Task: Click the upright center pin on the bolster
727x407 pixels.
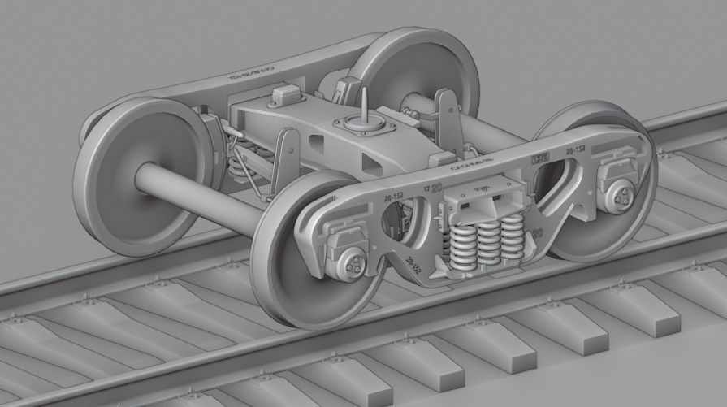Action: point(366,102)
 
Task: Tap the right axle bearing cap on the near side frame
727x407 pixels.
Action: point(621,194)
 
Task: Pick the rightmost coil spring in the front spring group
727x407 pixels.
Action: point(513,237)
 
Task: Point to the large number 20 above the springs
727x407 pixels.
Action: point(437,188)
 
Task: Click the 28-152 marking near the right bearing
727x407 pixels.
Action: point(576,151)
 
